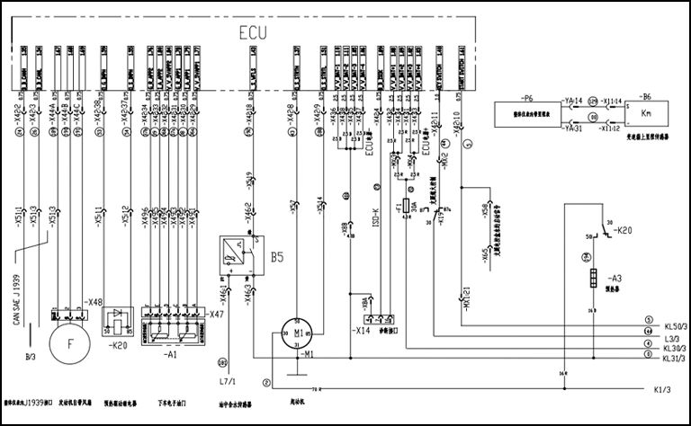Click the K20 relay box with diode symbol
(x=119, y=320)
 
